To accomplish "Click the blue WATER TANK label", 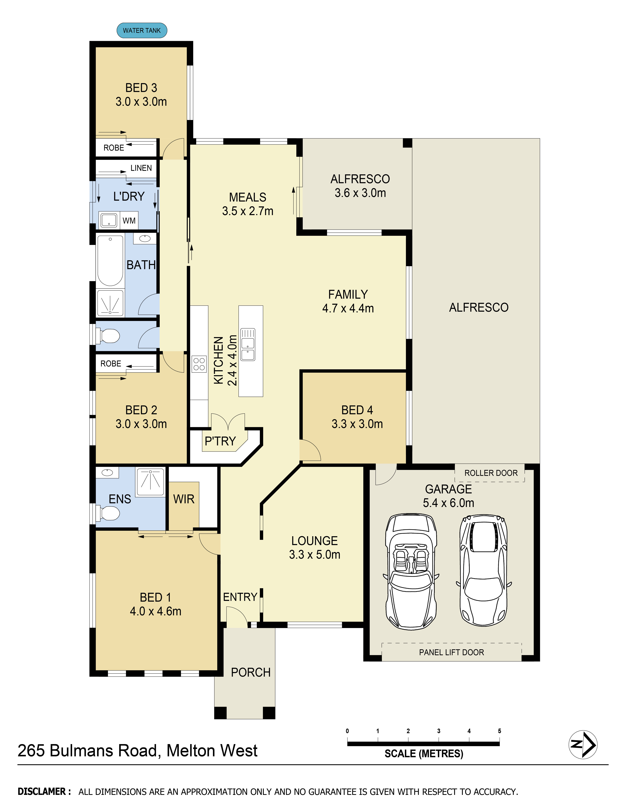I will (142, 31).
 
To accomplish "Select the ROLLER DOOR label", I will (491, 473).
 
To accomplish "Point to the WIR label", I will (184, 499).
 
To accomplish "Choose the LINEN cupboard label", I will (141, 168).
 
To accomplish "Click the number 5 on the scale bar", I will (499, 731).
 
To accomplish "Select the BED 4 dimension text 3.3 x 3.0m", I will (357, 424).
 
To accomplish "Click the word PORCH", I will (250, 672).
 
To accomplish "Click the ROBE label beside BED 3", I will (114, 148).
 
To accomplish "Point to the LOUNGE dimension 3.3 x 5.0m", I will (315, 554).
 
